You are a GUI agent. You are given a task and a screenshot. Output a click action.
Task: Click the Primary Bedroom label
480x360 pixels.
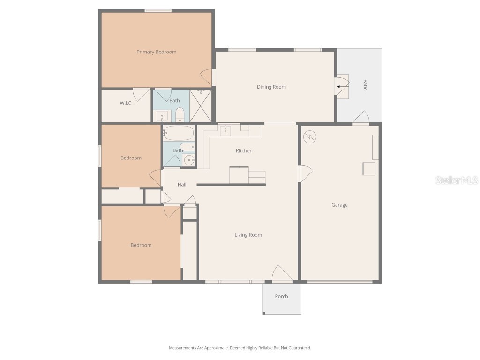(x=156, y=52)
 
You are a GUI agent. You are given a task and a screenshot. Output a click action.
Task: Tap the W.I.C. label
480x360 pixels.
(x=126, y=103)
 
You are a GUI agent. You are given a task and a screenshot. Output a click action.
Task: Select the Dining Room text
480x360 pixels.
(x=271, y=87)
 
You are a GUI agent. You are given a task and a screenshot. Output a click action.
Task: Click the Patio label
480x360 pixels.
(x=365, y=85)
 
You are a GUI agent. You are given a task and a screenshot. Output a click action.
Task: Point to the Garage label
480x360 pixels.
(x=339, y=205)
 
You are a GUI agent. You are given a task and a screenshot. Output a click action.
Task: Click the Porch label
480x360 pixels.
(x=281, y=296)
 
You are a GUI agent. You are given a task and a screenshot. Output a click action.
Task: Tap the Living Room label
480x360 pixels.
(x=248, y=235)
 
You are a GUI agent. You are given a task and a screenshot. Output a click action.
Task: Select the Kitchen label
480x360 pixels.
(x=244, y=151)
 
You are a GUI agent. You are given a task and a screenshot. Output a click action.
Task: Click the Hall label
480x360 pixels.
(x=182, y=185)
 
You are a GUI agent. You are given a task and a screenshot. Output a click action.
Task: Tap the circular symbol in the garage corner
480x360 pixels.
(x=310, y=137)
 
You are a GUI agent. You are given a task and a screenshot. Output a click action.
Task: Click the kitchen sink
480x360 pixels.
(x=225, y=131)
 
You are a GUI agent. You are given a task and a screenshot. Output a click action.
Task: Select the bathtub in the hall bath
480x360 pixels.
(x=178, y=133)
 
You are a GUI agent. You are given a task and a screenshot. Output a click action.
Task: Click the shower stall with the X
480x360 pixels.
(x=200, y=106)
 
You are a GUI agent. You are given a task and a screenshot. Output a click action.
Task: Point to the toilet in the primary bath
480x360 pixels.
(x=180, y=115)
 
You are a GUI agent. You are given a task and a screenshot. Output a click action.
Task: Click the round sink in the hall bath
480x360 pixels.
(x=189, y=160)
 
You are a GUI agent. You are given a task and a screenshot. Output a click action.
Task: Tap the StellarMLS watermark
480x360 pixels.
(x=456, y=180)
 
